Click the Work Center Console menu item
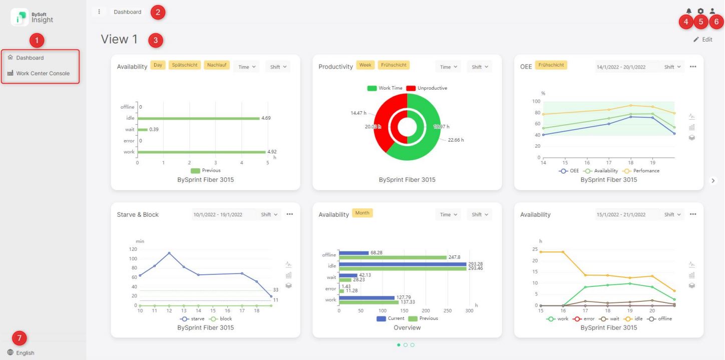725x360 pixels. [x=43, y=73]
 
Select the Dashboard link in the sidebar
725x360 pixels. [x=30, y=58]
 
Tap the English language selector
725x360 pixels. [x=25, y=352]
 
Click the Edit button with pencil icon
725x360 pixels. [x=702, y=40]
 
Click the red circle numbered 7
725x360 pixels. [x=20, y=338]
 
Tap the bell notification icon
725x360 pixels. [x=689, y=11]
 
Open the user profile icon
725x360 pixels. [x=712, y=11]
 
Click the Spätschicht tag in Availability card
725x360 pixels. [x=185, y=65]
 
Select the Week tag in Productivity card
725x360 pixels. [x=365, y=65]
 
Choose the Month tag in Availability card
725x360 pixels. [x=362, y=213]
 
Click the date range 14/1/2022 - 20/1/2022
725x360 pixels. [x=621, y=67]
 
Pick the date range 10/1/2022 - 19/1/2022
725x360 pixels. [x=218, y=214]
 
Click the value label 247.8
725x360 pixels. [x=454, y=257]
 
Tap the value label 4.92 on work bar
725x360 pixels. [x=272, y=152]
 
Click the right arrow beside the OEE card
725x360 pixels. [x=713, y=181]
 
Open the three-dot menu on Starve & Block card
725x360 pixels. [x=289, y=214]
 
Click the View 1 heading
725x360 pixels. [x=119, y=40]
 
